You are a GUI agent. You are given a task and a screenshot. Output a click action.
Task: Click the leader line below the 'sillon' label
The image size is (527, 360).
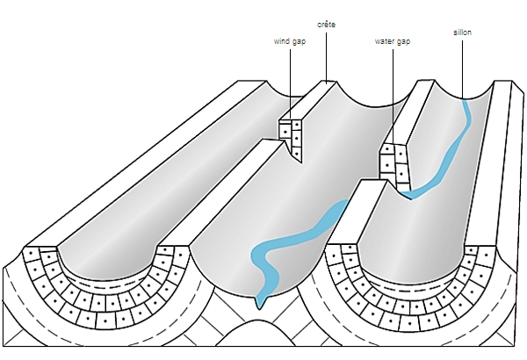click(463, 66)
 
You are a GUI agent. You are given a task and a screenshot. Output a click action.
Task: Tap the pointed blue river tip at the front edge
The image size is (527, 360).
click(260, 303)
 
